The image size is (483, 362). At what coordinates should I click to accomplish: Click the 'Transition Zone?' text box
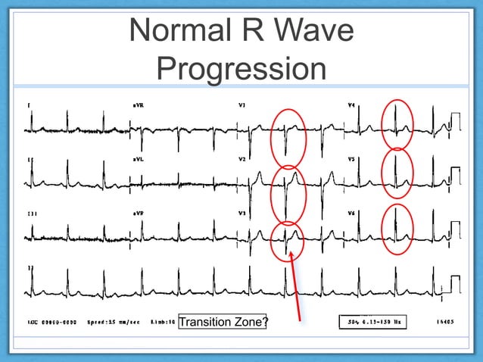(x=223, y=323)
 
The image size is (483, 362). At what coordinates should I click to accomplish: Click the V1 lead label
(x=243, y=105)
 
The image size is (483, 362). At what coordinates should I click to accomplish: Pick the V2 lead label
(x=243, y=160)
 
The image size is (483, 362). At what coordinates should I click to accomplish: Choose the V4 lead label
(x=351, y=105)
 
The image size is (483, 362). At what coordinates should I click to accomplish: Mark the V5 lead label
(x=351, y=160)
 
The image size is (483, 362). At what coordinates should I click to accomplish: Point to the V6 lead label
(x=351, y=214)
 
